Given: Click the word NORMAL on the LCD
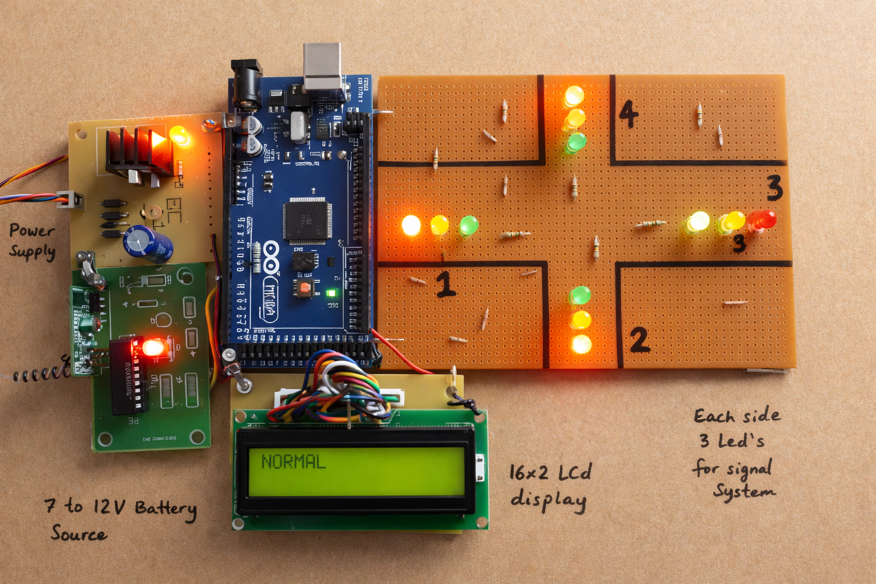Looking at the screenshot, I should click(x=293, y=461).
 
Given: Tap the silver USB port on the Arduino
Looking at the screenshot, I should click(x=322, y=66).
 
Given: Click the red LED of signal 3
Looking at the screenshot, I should click(x=762, y=220).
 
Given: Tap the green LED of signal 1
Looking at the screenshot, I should click(x=469, y=226).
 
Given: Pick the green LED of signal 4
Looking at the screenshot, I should click(x=575, y=142).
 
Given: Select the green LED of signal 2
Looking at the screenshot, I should click(x=580, y=295).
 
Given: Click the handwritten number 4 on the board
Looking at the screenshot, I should click(x=628, y=113).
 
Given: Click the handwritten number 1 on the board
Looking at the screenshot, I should click(x=445, y=283).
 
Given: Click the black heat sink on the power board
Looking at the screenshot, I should click(x=137, y=151).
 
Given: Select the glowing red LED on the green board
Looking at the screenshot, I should click(x=153, y=347).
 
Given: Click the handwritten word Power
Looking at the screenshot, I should click(x=32, y=230).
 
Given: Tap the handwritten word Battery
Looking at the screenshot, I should click(x=166, y=508).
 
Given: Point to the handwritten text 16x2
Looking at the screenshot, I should click(x=529, y=472).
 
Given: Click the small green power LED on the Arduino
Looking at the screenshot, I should click(x=331, y=293).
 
